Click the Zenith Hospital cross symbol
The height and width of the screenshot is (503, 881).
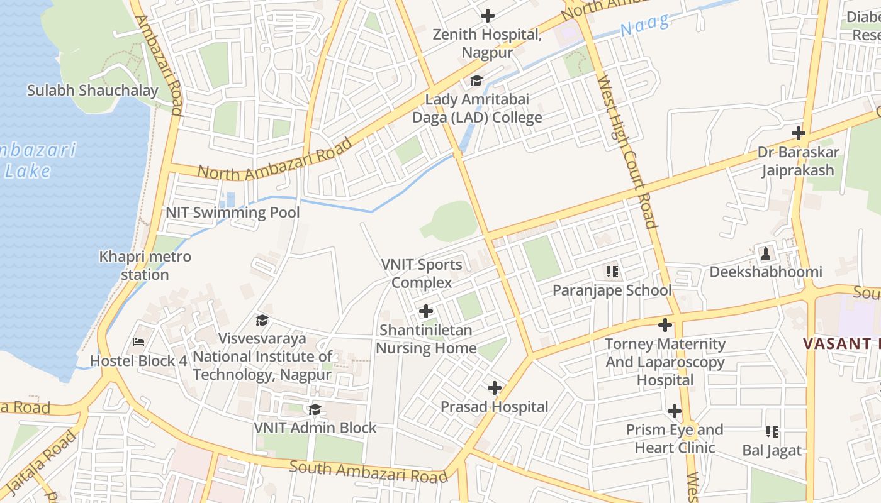click(487, 16)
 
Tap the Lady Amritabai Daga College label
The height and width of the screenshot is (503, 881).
click(477, 108)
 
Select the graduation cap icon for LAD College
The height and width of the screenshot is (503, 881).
click(476, 81)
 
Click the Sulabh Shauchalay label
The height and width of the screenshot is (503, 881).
click(93, 91)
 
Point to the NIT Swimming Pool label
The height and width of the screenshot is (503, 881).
click(232, 213)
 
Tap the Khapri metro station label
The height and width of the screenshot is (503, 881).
click(145, 265)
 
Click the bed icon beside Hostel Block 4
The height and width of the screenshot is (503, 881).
click(138, 343)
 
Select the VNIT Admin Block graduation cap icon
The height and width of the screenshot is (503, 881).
click(315, 410)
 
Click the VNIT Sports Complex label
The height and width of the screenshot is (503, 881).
click(422, 274)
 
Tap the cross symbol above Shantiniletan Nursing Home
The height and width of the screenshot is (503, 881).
click(426, 311)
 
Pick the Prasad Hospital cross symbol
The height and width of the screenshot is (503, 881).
click(495, 388)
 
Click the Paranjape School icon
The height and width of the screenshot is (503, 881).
click(612, 272)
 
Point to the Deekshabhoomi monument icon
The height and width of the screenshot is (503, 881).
click(766, 253)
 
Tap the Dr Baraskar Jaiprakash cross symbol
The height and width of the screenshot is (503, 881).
click(799, 133)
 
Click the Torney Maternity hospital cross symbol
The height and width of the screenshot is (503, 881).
click(665, 325)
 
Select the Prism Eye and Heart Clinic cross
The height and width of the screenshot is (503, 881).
click(675, 412)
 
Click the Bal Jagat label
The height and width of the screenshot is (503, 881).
click(772, 450)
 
